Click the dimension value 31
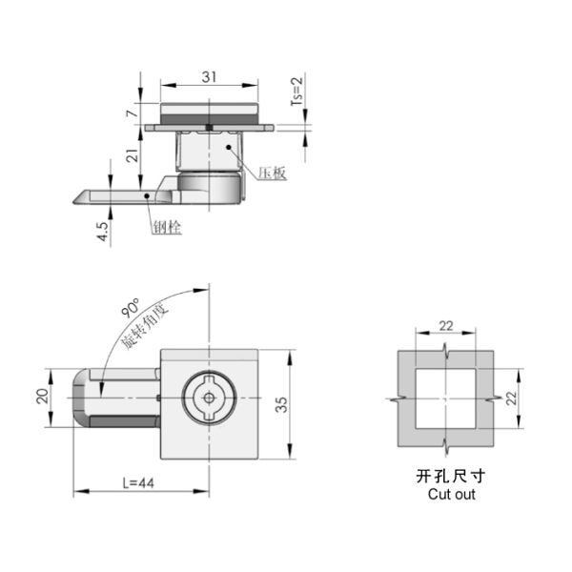point(209,77)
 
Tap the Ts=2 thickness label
point(297,92)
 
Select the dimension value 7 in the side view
point(133,113)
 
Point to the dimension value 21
point(133,155)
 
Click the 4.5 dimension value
point(103,232)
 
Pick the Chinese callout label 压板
point(272,174)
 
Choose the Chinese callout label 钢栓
point(167,228)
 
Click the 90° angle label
point(130,309)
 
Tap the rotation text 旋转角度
point(145,326)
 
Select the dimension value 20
point(43,396)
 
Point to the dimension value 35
point(281,404)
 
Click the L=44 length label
point(138,483)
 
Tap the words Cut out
point(451,494)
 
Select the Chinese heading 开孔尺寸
point(451,476)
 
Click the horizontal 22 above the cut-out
point(446,326)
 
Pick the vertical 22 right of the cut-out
point(511,398)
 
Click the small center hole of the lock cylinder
point(209,398)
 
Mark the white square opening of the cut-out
point(445,398)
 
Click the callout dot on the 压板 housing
point(229,147)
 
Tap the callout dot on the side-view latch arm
point(147,195)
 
